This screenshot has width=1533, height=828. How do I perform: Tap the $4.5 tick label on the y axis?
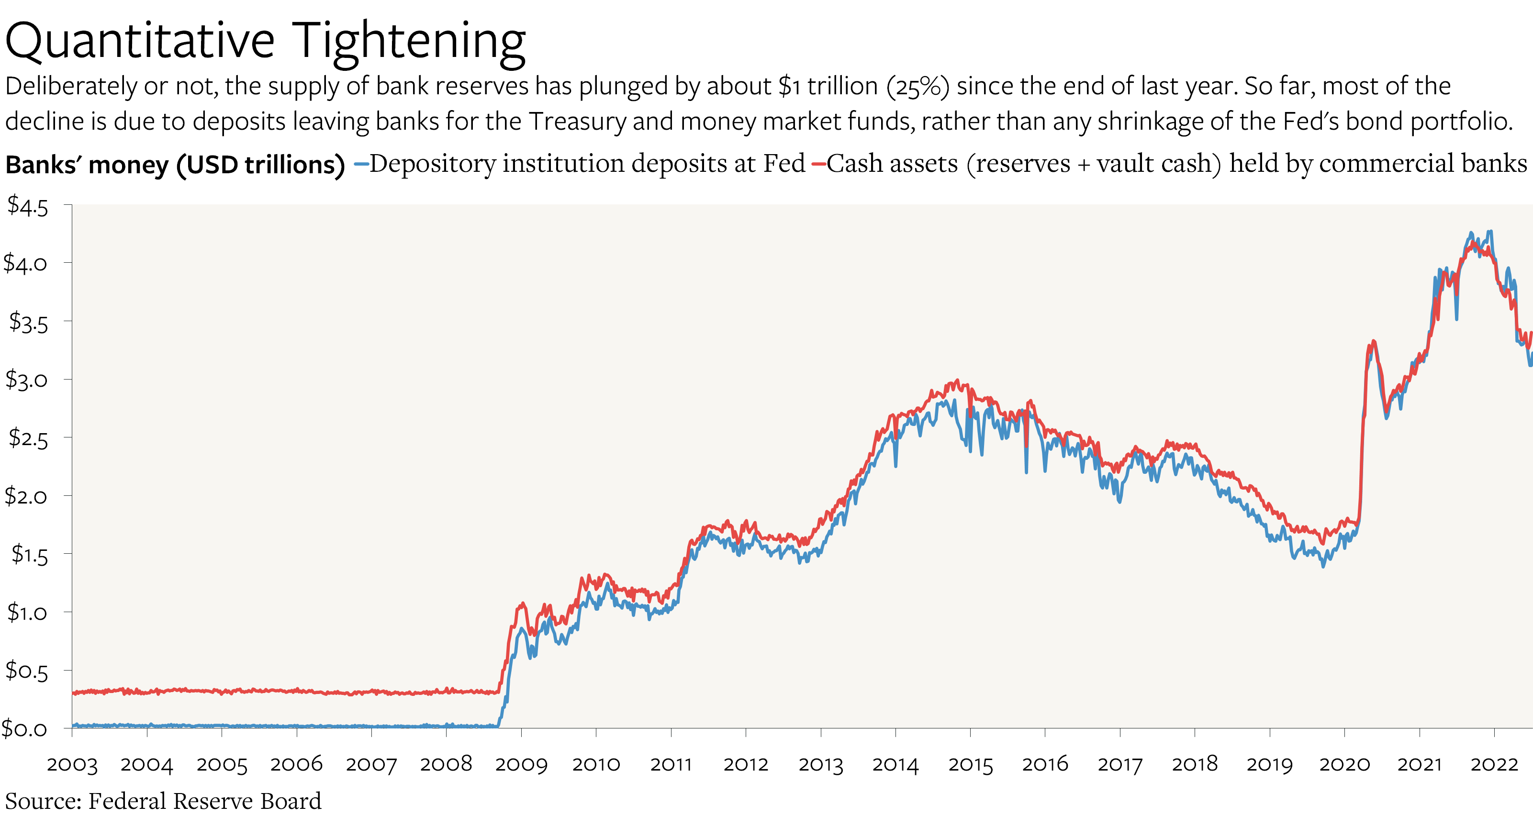(x=27, y=207)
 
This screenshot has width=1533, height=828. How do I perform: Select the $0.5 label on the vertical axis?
(x=26, y=671)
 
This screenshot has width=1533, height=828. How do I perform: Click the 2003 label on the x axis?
(x=72, y=764)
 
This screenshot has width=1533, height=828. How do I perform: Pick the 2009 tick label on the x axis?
(x=521, y=764)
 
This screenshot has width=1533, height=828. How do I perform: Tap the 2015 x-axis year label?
(x=971, y=764)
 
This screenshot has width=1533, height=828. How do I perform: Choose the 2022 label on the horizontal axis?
(x=1494, y=764)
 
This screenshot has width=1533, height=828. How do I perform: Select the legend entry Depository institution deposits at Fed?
(x=587, y=164)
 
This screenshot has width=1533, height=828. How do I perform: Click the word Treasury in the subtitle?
(x=577, y=122)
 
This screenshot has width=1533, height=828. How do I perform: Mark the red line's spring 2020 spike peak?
(x=1373, y=341)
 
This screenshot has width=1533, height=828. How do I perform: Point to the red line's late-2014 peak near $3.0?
(x=957, y=380)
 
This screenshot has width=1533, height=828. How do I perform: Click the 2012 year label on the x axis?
(x=746, y=764)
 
